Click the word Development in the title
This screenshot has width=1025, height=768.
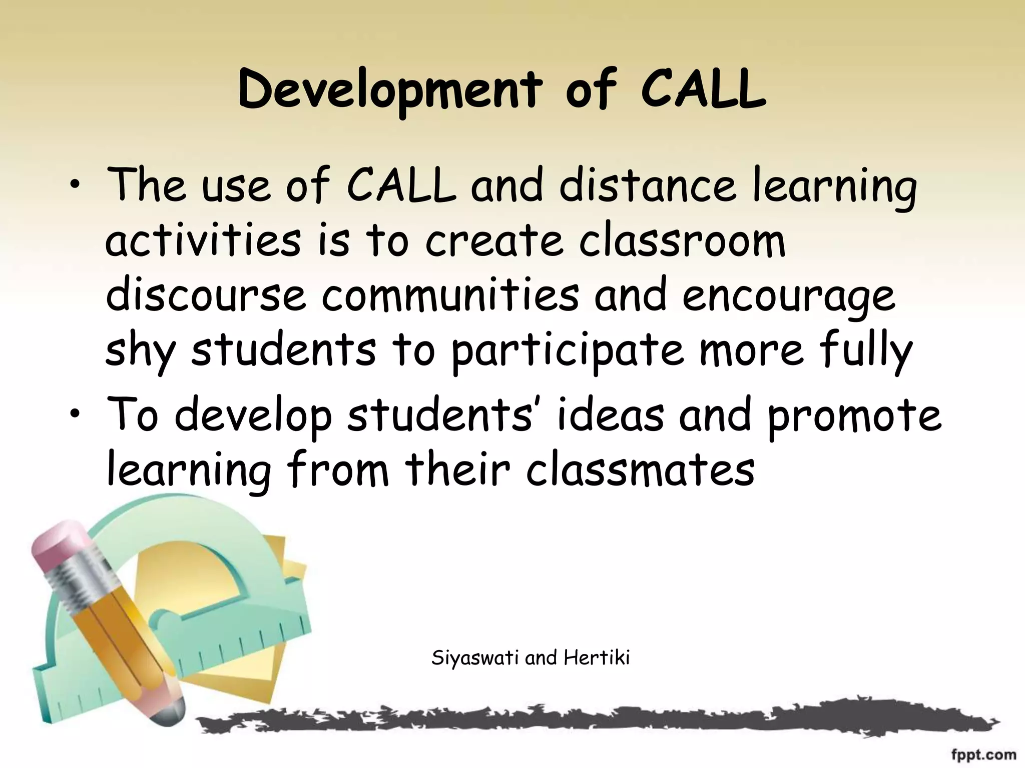390,91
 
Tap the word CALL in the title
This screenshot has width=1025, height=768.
703,91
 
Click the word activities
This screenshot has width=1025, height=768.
203,241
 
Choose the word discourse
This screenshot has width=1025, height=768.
206,296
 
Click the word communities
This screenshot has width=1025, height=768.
450,296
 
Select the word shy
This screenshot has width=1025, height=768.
140,351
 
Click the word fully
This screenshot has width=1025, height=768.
865,351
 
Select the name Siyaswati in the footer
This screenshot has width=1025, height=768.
475,658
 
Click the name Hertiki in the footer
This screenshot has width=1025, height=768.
596,658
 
